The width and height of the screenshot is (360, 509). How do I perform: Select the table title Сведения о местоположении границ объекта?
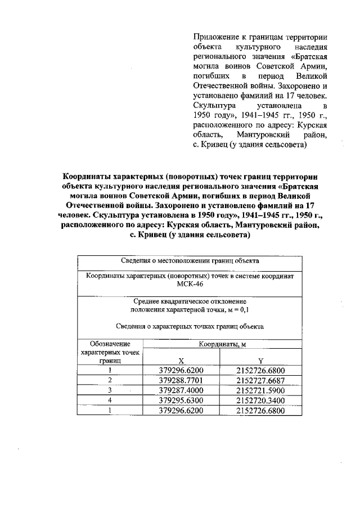click(x=190, y=261)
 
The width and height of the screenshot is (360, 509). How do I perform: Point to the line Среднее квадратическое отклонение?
click(x=190, y=301)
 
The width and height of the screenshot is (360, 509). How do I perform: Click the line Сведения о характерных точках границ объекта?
click(x=190, y=326)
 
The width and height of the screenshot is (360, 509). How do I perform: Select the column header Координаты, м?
click(x=222, y=344)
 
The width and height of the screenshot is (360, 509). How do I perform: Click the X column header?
click(x=181, y=361)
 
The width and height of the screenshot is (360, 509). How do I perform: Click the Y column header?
click(x=261, y=361)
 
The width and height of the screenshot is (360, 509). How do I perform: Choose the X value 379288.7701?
click(x=181, y=380)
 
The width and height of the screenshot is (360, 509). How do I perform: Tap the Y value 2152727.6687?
click(x=261, y=380)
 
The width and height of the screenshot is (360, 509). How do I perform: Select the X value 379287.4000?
click(x=181, y=390)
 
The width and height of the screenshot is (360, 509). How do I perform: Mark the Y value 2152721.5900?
click(x=261, y=390)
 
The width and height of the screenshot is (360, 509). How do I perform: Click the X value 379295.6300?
click(x=181, y=400)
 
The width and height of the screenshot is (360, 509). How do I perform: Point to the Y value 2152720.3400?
click(x=261, y=400)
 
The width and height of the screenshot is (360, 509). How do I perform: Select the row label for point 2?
click(x=110, y=380)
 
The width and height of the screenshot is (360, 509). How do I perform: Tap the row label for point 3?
click(x=110, y=390)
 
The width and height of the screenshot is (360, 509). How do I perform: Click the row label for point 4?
click(x=110, y=400)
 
